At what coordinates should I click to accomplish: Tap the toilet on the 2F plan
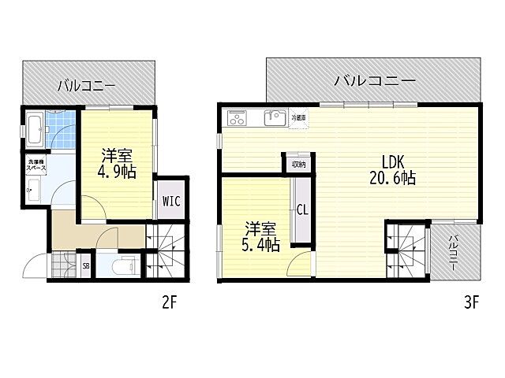click(x=122, y=266)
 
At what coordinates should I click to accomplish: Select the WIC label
click(x=171, y=200)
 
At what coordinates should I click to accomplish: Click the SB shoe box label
click(x=86, y=266)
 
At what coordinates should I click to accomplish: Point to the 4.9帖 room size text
click(x=117, y=172)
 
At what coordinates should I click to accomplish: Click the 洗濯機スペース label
click(x=36, y=166)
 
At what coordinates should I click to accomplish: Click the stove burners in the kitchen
click(x=238, y=118)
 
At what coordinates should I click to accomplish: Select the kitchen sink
click(x=274, y=118)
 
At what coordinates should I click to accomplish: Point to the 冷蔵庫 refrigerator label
click(x=299, y=117)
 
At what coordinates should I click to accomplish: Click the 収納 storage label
click(x=297, y=164)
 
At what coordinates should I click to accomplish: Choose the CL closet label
click(x=301, y=209)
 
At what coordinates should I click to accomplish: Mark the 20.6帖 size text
click(x=392, y=179)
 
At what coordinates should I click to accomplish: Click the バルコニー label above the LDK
click(x=374, y=80)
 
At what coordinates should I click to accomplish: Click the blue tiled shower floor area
click(x=60, y=129)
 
